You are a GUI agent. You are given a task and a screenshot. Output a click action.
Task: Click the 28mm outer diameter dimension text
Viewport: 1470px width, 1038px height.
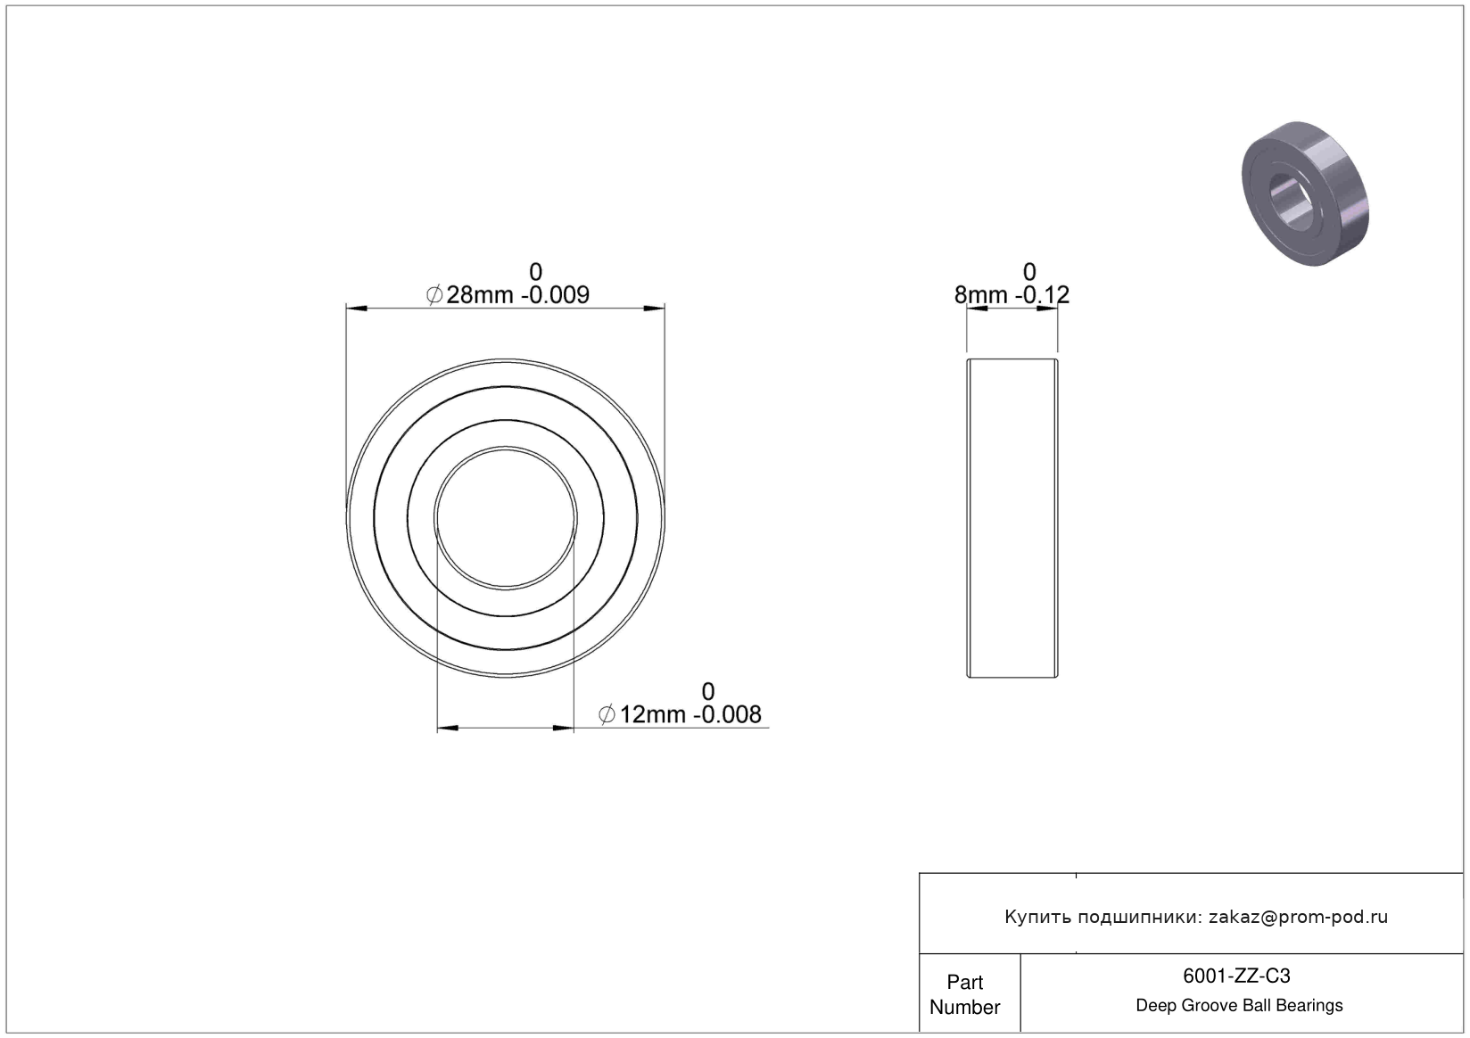(x=480, y=295)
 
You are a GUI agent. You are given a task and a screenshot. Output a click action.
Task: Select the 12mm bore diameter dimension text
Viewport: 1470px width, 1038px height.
(x=652, y=714)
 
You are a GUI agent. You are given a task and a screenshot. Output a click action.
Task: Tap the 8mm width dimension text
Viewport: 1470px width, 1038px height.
(x=980, y=295)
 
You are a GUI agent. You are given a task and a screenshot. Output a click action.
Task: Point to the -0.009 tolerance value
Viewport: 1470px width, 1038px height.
(x=555, y=295)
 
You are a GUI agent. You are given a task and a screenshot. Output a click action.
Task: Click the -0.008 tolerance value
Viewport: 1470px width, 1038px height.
(x=727, y=714)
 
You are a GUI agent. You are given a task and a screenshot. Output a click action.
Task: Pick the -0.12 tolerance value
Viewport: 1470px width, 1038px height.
(x=1042, y=295)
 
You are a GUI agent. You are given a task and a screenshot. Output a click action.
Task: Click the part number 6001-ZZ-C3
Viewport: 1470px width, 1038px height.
(x=1236, y=976)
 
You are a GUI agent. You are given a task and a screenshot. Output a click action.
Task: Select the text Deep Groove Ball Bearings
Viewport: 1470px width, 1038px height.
(x=1239, y=1005)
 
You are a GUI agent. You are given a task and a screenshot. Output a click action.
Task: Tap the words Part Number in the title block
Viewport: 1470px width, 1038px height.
(x=965, y=994)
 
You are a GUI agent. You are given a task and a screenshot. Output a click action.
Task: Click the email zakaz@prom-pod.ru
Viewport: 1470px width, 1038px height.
(x=1298, y=917)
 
